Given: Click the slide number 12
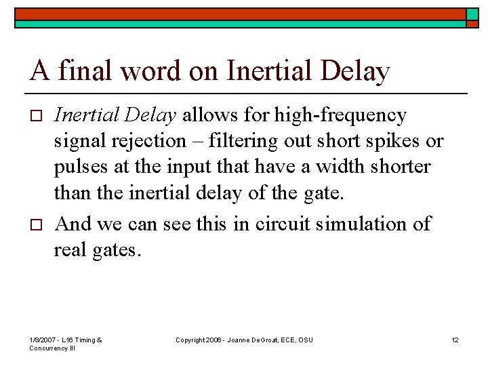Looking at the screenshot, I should tap(455, 340).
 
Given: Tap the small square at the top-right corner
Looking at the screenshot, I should tap(472, 14).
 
